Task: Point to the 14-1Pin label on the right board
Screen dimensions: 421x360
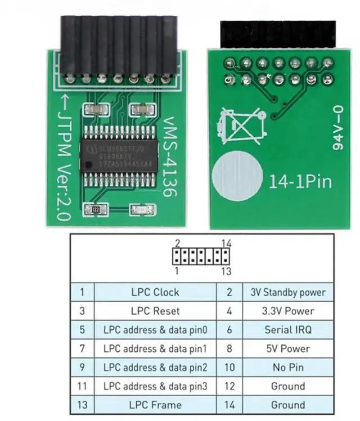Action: coord(300,182)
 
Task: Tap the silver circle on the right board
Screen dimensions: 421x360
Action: coord(237,177)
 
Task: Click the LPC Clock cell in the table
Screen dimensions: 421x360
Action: coord(155,292)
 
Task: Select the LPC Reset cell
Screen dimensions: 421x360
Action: coord(155,311)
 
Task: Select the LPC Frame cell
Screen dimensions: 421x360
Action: coord(155,405)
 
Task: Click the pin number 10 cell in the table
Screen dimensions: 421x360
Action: coord(229,368)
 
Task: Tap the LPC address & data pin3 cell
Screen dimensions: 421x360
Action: coord(155,386)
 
